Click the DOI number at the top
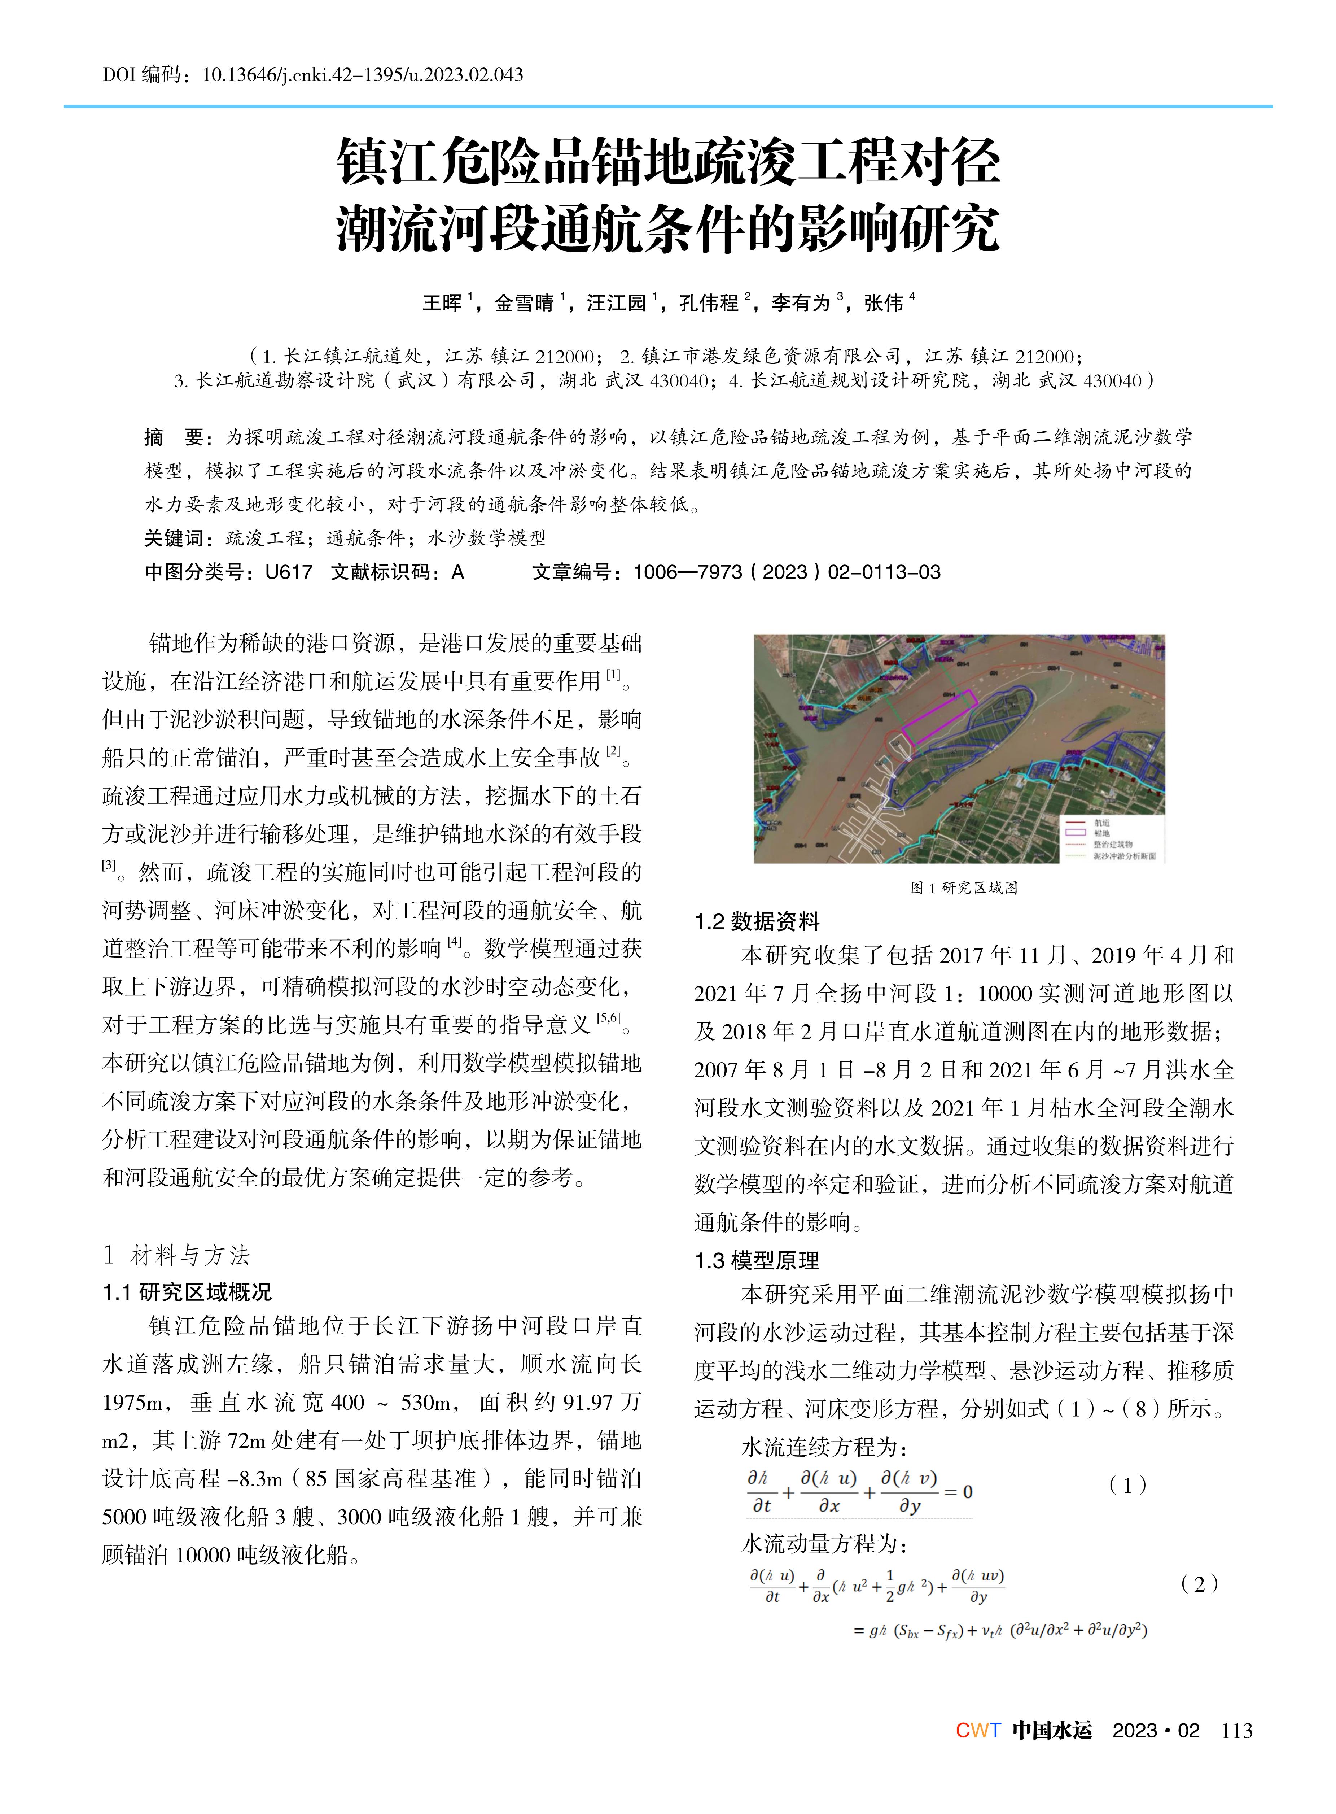362,75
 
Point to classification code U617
289,572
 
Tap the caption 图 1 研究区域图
963,888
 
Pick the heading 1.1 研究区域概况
187,1292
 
